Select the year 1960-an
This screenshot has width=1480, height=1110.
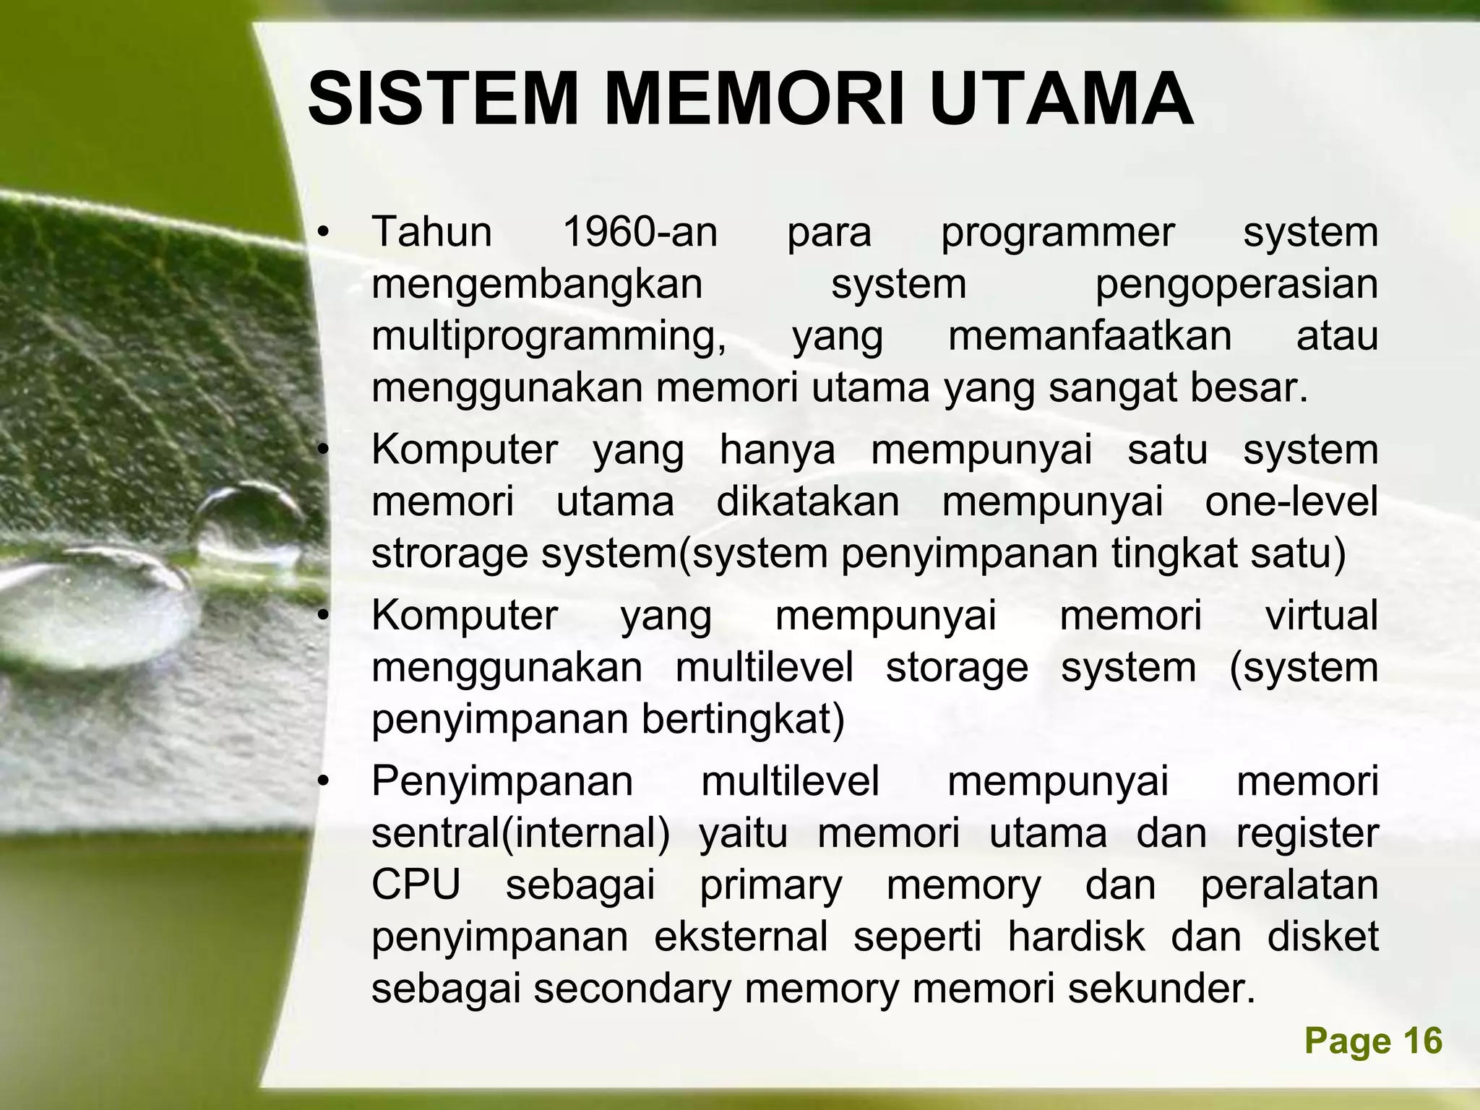(x=640, y=233)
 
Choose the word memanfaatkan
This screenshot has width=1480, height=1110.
(x=1090, y=337)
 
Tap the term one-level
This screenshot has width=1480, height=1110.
(x=1291, y=502)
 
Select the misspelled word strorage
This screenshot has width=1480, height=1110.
(x=451, y=555)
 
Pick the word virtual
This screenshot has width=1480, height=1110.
(x=1322, y=616)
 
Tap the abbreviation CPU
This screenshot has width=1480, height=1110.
(x=416, y=885)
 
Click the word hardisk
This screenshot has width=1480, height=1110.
(x=1077, y=937)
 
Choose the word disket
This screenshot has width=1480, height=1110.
(x=1323, y=937)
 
